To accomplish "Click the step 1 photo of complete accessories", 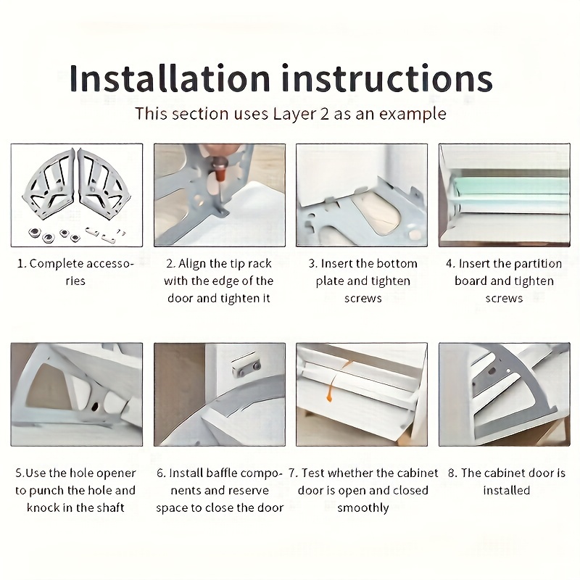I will pos(76,194).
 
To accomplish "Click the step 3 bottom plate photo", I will pos(362,194).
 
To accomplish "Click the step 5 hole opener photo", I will pos(76,394).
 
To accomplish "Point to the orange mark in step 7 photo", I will pos(330,391).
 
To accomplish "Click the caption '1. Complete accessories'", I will pos(76,272).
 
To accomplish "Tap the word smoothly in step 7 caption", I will pos(362,507).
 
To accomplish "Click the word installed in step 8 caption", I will pos(507,490).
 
